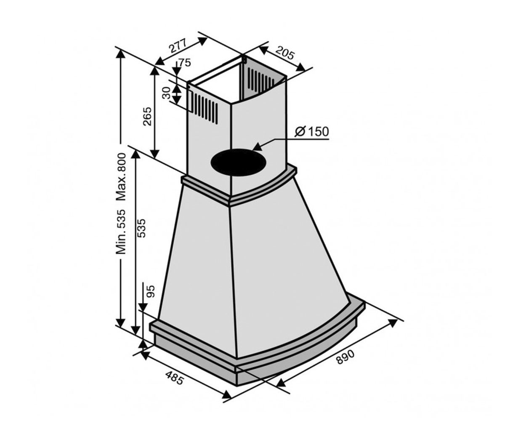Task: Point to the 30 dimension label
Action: (166, 93)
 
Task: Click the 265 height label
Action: (147, 116)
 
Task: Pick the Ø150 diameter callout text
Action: (312, 132)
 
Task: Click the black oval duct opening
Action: (239, 162)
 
